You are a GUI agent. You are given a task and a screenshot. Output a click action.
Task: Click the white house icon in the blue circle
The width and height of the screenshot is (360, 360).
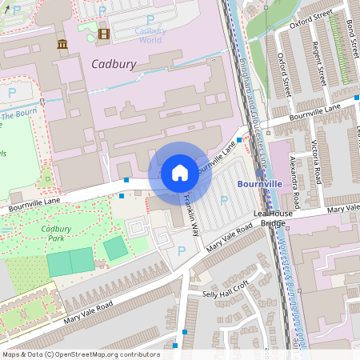click(180, 172)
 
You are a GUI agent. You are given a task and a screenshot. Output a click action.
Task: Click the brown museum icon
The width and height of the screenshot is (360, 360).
click(62, 44)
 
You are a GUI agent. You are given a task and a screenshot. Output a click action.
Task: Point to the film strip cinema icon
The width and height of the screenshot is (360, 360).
click(102, 33)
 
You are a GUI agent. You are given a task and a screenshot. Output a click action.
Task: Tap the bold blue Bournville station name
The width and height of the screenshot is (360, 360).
click(261, 184)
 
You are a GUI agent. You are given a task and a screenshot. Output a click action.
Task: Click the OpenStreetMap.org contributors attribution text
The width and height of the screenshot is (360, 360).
click(108, 354)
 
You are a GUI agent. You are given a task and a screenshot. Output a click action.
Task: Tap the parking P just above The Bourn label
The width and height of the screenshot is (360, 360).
click(11, 92)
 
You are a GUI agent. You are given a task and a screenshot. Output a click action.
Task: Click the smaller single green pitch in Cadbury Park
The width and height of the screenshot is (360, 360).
click(116, 249)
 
